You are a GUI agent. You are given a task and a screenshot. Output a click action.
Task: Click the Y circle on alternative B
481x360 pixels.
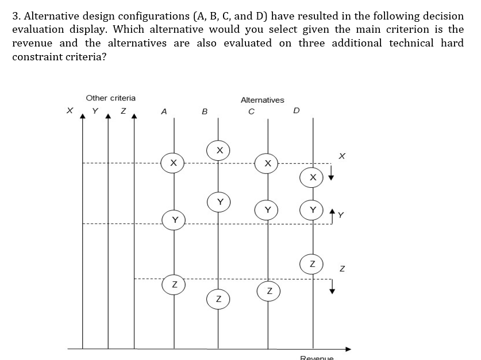218,201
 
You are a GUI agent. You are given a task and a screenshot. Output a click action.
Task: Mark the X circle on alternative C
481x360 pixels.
267,163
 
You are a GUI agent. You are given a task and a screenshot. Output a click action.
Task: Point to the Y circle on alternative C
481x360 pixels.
267,209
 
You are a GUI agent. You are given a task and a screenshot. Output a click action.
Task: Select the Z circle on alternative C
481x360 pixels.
267,291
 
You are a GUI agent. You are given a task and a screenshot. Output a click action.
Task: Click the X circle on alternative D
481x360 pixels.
312,177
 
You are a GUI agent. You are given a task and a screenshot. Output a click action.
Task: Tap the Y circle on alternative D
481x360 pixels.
312,210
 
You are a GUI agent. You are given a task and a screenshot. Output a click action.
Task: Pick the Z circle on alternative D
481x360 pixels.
312,264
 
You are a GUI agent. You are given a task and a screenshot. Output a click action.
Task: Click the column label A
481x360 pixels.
164,112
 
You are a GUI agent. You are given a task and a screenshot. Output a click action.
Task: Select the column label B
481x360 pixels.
205,113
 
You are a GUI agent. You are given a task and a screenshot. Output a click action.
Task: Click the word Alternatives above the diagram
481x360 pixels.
262,100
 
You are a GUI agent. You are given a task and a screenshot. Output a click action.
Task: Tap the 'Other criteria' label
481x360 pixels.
111,98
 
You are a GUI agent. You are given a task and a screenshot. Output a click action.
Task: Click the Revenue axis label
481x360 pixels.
317,357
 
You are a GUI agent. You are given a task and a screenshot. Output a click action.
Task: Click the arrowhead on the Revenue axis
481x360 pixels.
348,349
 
